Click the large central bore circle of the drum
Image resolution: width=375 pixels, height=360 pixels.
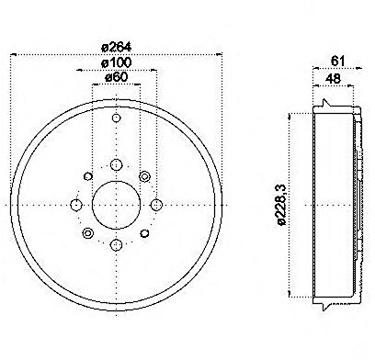(116, 204)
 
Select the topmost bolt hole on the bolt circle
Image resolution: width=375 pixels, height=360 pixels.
(116, 164)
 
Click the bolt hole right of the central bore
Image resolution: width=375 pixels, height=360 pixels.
(156, 204)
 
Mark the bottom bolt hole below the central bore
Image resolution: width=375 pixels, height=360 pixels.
(116, 244)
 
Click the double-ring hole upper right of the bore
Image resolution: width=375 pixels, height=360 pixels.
(144, 175)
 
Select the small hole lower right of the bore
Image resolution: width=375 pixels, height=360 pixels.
(144, 233)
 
